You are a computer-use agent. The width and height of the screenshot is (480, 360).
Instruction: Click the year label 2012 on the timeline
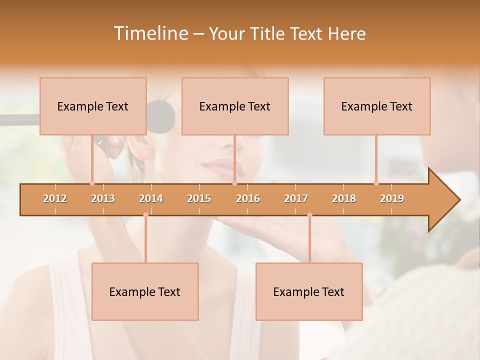(55, 198)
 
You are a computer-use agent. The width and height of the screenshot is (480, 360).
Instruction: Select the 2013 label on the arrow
(103, 198)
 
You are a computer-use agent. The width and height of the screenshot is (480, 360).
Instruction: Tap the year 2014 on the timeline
(151, 198)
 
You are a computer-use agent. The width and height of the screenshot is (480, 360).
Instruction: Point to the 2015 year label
(199, 198)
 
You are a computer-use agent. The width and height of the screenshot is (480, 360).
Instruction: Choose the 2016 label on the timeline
(248, 198)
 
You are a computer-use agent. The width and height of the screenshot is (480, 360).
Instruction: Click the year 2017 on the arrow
(296, 198)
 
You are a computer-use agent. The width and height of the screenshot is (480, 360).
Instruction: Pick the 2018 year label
(344, 198)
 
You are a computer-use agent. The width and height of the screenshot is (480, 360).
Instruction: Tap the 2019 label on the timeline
(392, 198)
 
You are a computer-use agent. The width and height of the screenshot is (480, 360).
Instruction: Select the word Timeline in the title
(150, 33)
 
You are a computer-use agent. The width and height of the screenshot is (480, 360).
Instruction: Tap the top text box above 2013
(93, 106)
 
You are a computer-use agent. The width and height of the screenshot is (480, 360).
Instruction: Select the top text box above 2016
(235, 106)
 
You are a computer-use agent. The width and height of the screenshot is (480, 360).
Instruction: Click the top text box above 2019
(377, 106)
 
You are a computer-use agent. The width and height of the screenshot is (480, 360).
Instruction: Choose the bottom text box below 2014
(145, 291)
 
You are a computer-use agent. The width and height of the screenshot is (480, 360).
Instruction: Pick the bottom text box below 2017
(309, 291)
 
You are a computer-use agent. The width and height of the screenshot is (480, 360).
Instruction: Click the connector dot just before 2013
(92, 183)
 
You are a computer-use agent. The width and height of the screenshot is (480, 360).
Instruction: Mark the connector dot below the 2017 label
(309, 215)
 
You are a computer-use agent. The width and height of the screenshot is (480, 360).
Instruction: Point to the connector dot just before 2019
(376, 183)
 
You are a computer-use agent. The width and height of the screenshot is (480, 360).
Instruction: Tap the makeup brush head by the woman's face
(161, 117)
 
